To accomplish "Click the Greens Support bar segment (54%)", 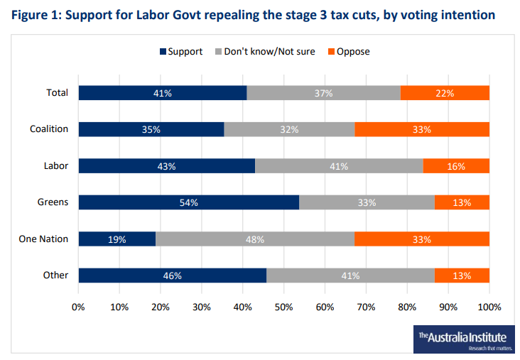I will (188, 202).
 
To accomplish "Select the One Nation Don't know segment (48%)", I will (254, 239).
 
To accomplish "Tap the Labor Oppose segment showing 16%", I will (456, 166).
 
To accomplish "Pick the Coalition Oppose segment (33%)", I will (422, 129).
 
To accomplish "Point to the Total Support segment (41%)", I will (163, 92).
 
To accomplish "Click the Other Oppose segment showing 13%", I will (462, 276).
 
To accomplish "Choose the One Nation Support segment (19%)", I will (117, 239).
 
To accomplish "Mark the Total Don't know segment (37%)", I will (323, 92).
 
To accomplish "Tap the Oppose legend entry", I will (348, 51).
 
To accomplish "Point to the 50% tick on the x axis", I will (284, 307).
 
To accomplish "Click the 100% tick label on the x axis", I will (489, 307).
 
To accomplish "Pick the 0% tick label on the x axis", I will (79, 307).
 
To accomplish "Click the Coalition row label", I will (49, 129).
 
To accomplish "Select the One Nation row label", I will (43, 239).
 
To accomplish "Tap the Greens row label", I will (53, 202).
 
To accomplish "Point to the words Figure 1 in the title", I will (35, 15).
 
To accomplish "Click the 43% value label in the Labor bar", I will (167, 166).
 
